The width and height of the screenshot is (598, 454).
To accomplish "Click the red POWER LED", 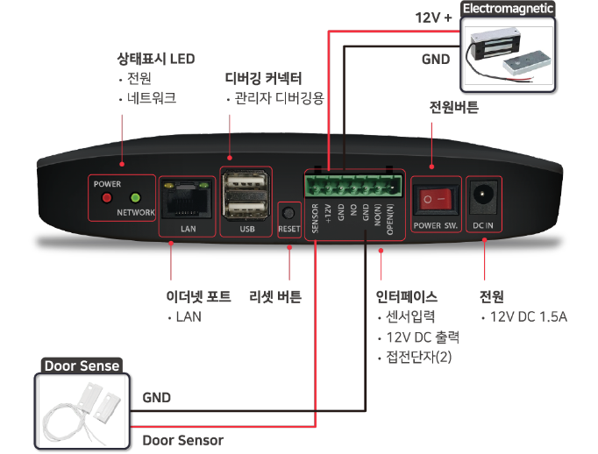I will [107, 198].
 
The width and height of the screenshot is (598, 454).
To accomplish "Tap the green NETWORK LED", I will [135, 198].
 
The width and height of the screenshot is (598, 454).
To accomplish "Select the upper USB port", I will [246, 185].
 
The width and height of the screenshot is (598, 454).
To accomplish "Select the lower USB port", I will [246, 209].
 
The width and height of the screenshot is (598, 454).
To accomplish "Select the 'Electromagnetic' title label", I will [509, 9].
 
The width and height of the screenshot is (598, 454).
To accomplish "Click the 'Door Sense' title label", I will [82, 365].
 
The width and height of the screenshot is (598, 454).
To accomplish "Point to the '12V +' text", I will [432, 17].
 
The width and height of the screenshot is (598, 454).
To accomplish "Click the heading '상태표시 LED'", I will [156, 60].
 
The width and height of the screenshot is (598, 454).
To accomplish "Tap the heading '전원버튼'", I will [453, 109].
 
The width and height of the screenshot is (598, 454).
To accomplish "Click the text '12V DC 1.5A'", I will [529, 316].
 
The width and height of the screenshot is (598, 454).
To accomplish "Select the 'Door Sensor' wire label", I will [182, 440].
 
